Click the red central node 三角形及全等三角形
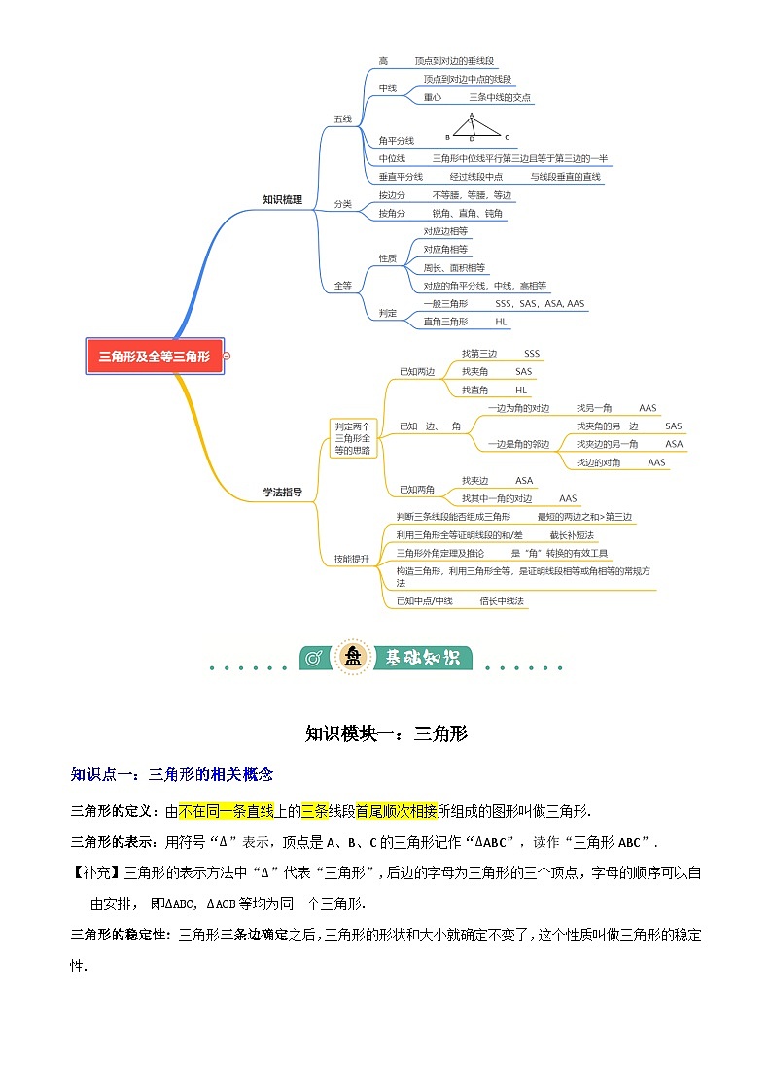pyautogui.click(x=155, y=357)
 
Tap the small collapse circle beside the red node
pyautogui.click(x=227, y=357)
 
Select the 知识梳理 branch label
pyautogui.click(x=282, y=200)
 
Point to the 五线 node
pyautogui.click(x=342, y=119)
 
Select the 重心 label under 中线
pyautogui.click(x=433, y=98)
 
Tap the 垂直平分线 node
pyautogui.click(x=401, y=177)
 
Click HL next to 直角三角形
pyautogui.click(x=501, y=321)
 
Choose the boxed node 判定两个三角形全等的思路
pyautogui.click(x=353, y=437)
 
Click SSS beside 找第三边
pyautogui.click(x=532, y=353)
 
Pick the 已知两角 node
pyautogui.click(x=417, y=489)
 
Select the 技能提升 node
pyautogui.click(x=351, y=559)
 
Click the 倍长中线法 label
pyautogui.click(x=502, y=601)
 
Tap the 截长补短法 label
pyautogui.click(x=572, y=535)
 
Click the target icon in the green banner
pyautogui.click(x=314, y=658)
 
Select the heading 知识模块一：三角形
pyautogui.click(x=386, y=733)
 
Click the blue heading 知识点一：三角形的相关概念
pyautogui.click(x=172, y=774)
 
